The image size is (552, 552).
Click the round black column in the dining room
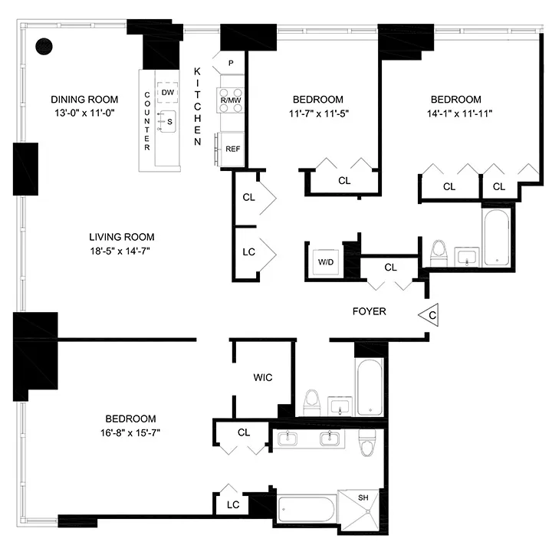45,46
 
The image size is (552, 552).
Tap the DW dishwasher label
168,93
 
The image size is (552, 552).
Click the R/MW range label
232,100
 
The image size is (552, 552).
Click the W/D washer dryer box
326,262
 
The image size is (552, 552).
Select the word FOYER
369,311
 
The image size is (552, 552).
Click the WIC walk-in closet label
263,377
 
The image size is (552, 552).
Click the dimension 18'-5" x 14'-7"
121,251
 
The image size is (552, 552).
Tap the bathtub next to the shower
307,508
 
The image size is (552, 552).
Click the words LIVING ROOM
121,237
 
